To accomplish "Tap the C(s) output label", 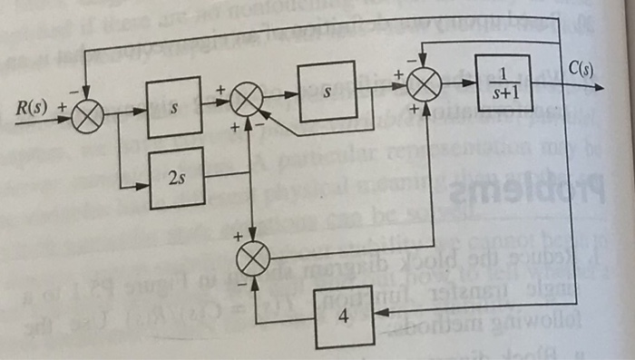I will (x=581, y=67).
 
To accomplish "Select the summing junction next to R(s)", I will (x=88, y=115).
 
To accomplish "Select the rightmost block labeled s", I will (x=326, y=91).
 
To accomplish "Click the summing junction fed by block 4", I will (x=253, y=259).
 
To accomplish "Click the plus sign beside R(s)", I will (x=63, y=107).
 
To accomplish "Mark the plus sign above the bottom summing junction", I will (x=240, y=237).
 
